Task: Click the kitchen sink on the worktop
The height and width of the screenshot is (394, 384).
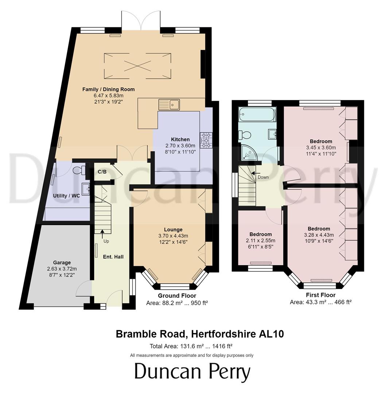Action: [x=169, y=104]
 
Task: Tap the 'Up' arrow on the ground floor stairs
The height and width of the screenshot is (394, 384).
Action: [x=101, y=231]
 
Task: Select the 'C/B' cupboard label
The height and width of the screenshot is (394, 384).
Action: [x=102, y=172]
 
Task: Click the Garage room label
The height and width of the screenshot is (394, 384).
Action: [x=61, y=262]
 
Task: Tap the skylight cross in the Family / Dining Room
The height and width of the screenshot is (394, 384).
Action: [x=137, y=66]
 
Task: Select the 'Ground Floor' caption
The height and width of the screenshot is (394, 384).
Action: [x=177, y=296]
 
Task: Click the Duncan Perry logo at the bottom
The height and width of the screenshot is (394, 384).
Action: [x=192, y=372]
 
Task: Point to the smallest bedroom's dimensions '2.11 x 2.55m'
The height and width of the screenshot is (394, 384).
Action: [x=261, y=240]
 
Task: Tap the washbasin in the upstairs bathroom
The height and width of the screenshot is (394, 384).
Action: [x=272, y=134]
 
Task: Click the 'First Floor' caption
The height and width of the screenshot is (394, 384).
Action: [x=320, y=295]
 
